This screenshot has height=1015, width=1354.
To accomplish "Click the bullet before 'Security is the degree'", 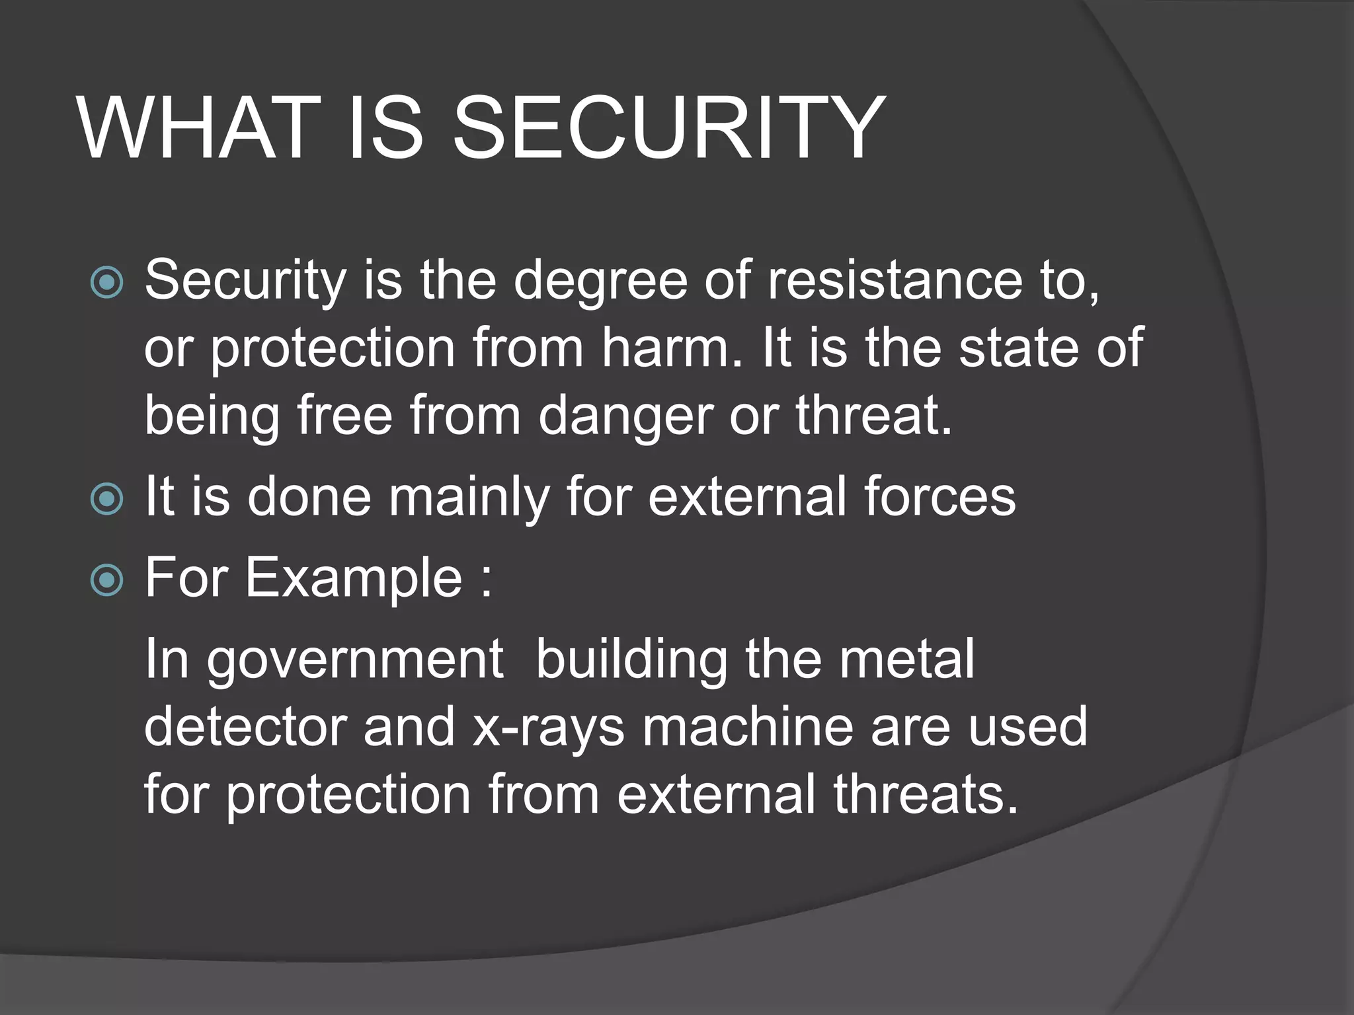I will (x=106, y=283).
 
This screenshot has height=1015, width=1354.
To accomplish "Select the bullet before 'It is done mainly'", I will (x=106, y=499).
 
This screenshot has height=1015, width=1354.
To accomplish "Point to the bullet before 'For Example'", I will (x=106, y=580).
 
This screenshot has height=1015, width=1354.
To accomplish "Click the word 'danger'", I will (x=625, y=416).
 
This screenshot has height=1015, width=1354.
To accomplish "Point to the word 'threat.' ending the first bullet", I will (x=873, y=416).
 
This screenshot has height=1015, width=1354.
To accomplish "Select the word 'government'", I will (x=356, y=660).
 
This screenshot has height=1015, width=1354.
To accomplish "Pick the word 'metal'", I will (x=906, y=659).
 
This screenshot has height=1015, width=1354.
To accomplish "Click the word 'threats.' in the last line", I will (x=925, y=795).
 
